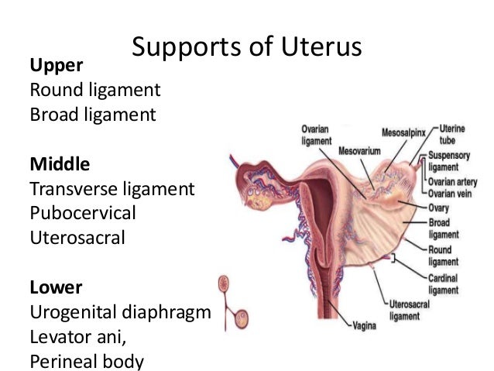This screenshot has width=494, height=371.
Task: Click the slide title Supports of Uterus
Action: pos(246,48)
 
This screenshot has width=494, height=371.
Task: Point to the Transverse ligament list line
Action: pos(111,188)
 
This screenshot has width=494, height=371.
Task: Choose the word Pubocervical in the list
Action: pos(82,213)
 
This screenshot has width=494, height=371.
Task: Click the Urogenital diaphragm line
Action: pos(120,312)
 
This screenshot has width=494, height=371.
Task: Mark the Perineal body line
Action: pos(87,361)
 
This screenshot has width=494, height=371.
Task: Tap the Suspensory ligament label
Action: pos(449,161)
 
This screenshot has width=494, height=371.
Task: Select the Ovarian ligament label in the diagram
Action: pos(317,136)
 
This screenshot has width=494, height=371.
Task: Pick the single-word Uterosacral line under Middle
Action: pos(77,237)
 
